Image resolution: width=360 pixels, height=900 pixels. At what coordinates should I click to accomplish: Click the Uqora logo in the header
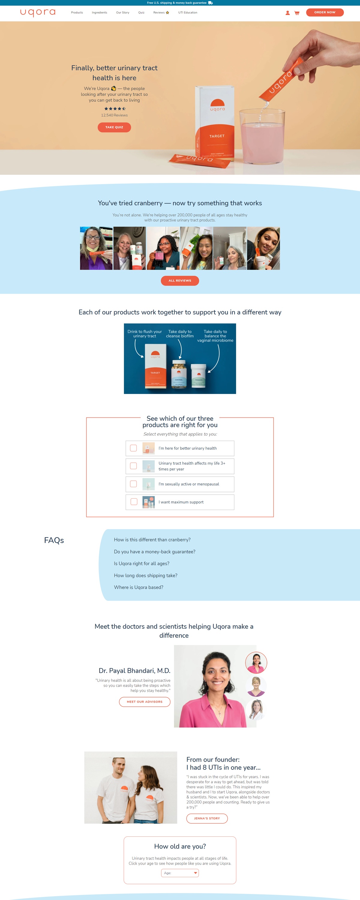pyautogui.click(x=38, y=13)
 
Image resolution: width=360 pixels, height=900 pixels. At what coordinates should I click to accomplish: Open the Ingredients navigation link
pyautogui.click(x=99, y=13)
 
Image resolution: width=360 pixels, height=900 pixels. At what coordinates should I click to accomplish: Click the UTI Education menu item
pyautogui.click(x=188, y=13)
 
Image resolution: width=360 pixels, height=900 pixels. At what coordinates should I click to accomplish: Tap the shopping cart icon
pyautogui.click(x=297, y=13)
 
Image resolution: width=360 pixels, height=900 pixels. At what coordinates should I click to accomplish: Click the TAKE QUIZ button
pyautogui.click(x=114, y=127)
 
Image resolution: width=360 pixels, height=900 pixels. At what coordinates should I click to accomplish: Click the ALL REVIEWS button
pyautogui.click(x=180, y=280)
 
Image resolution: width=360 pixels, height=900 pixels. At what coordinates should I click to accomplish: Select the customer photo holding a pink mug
pyautogui.click(x=163, y=248)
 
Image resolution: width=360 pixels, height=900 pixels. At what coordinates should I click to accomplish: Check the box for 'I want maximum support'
pyautogui.click(x=134, y=502)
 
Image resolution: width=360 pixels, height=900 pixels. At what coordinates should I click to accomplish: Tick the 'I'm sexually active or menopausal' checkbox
pyautogui.click(x=133, y=484)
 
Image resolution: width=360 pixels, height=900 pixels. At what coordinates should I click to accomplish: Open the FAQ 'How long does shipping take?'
pyautogui.click(x=145, y=575)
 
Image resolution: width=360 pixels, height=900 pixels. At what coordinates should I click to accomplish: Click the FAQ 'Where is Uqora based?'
pyautogui.click(x=138, y=587)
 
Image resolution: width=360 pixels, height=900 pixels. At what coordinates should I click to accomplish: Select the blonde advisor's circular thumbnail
pyautogui.click(x=256, y=686)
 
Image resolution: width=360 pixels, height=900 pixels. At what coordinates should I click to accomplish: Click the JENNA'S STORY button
pyautogui.click(x=207, y=818)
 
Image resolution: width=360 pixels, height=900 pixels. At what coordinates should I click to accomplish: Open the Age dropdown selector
pyautogui.click(x=180, y=873)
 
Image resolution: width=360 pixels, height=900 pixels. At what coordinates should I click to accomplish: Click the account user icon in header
pyautogui.click(x=287, y=13)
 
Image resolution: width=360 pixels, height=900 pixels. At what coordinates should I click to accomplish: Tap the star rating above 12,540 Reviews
pyautogui.click(x=115, y=109)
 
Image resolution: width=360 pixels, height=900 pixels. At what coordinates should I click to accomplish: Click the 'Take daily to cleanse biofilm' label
pyautogui.click(x=180, y=334)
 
